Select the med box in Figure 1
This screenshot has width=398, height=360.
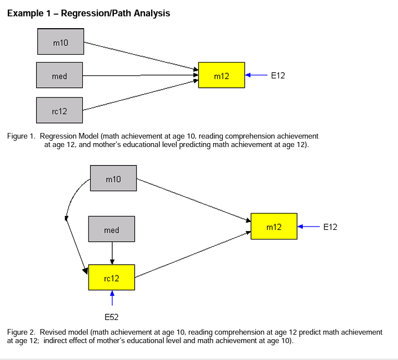(59, 75)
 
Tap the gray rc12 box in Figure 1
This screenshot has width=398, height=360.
(59, 111)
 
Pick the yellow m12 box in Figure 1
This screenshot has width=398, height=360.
(222, 75)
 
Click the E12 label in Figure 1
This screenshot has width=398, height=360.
(278, 75)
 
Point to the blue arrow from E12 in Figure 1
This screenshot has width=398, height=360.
(257, 75)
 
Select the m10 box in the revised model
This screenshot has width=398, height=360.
(113, 179)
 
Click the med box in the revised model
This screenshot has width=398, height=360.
(112, 230)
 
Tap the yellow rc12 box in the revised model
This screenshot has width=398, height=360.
(112, 278)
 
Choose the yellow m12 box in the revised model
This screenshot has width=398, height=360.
(274, 226)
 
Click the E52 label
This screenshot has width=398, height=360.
(112, 317)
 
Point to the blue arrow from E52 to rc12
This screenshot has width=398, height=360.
(112, 299)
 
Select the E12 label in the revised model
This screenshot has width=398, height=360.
(330, 227)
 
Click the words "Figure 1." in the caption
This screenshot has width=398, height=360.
(21, 136)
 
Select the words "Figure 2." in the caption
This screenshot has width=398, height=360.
(21, 332)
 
